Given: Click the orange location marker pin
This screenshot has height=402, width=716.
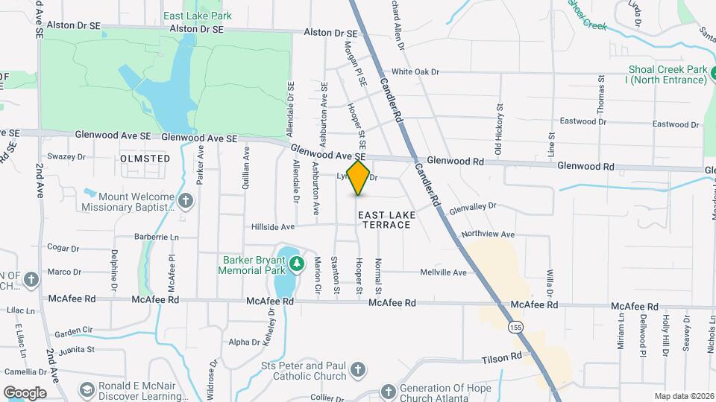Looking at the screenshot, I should tap(359, 178).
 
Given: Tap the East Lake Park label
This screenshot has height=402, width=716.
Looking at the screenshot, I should tap(198, 16).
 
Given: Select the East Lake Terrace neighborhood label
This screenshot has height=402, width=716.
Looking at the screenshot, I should tap(384, 219).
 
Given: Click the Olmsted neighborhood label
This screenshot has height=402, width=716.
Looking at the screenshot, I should tap(145, 159).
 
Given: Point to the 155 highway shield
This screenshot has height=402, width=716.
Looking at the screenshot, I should tap(515, 326).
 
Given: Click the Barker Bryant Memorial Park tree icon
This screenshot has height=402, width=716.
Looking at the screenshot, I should tap(297, 264).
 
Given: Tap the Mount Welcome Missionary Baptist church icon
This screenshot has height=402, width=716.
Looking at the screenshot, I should tap(186, 200).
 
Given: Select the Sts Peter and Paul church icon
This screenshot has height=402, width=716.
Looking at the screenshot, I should tap(358, 369).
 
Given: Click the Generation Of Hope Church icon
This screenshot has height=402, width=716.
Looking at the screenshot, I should tap(388, 391).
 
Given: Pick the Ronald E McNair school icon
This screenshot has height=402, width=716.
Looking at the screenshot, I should tap(87, 390).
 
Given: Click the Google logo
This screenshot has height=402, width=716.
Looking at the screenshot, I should tap(25, 392).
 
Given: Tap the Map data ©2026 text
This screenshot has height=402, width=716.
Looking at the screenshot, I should tap(684, 396).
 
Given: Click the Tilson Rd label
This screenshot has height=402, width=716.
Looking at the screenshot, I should tap(500, 358).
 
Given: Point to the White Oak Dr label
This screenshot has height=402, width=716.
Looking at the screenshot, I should tap(415, 71).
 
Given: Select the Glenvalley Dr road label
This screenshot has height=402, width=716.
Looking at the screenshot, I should tap(472, 208).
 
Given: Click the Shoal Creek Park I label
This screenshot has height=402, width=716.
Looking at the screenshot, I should tap(667, 74).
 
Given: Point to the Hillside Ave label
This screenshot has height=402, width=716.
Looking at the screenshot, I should tap(273, 226).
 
